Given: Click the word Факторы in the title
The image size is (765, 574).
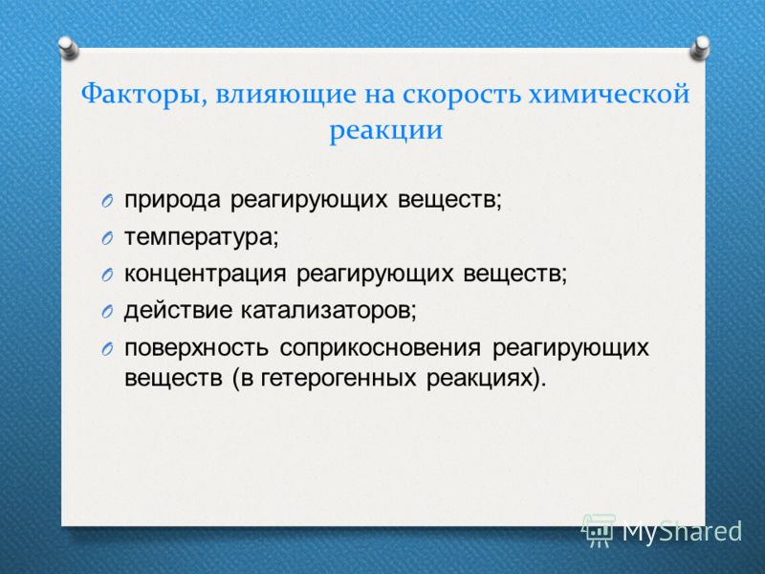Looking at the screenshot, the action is click(x=141, y=95).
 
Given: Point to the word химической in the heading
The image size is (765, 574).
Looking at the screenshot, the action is click(x=609, y=95).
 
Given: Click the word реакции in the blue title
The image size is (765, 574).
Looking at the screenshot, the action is click(x=386, y=131).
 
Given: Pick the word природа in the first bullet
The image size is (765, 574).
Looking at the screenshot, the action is click(x=172, y=201).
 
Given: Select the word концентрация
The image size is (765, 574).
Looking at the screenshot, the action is click(x=206, y=275).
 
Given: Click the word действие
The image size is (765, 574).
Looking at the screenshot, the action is click(x=178, y=310).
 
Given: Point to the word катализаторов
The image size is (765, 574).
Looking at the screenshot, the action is click(x=329, y=311).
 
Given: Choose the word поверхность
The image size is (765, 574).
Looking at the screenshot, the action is click(x=196, y=348).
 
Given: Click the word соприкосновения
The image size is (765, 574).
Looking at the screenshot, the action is click(x=380, y=347).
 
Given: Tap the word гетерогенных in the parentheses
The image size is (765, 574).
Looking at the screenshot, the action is click(x=339, y=378).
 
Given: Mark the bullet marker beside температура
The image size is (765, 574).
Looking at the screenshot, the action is click(x=107, y=238).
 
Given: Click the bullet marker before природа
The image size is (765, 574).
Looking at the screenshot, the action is click(x=107, y=201).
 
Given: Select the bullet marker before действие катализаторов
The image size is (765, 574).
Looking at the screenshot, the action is click(x=107, y=312).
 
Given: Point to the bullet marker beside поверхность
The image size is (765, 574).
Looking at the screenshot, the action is click(x=107, y=348).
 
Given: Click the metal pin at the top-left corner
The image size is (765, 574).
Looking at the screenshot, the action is click(x=68, y=49).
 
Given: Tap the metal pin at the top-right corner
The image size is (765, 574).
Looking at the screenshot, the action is click(x=700, y=49).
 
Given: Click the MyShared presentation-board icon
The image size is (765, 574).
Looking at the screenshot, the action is click(x=599, y=530).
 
